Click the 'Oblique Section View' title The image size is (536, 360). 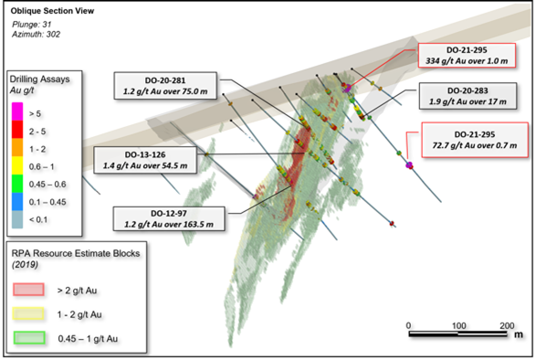point(52,11)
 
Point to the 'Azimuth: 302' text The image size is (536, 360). point(36,34)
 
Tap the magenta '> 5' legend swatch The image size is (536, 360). point(17,111)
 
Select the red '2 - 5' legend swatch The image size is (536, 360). point(17,130)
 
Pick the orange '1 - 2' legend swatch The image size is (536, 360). point(17,147)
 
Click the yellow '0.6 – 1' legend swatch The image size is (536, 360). point(17,165)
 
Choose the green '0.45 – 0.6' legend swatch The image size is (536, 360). point(17,184)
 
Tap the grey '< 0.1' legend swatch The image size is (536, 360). point(17,219)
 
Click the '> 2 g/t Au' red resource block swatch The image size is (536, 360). point(28,289)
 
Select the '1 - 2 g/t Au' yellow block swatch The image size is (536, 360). point(28,313)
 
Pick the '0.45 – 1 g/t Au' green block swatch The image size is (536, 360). point(29,337)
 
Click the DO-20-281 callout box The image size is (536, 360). point(165,86)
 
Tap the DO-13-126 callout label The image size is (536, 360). point(145,160)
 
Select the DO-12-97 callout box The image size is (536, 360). point(169,218)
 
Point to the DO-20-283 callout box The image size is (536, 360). point(468,96)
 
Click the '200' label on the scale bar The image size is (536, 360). point(507,325)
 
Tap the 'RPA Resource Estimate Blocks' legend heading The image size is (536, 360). point(76,254)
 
